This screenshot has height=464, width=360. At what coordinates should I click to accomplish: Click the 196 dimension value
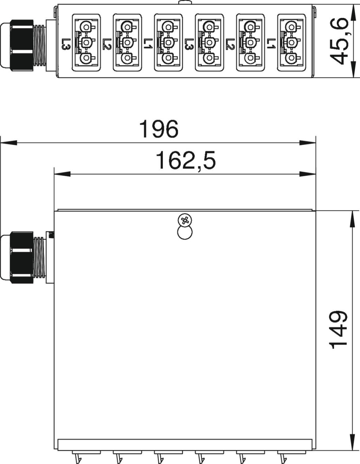click(159, 129)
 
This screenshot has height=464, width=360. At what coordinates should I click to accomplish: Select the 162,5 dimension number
click(186, 161)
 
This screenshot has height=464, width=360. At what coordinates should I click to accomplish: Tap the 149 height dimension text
click(339, 330)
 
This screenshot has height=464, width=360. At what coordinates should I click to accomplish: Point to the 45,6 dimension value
click(339, 41)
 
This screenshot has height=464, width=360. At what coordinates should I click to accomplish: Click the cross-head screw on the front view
click(185, 220)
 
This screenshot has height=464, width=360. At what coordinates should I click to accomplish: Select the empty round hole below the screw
click(185, 232)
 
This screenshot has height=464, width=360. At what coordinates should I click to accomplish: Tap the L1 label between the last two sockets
click(271, 44)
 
